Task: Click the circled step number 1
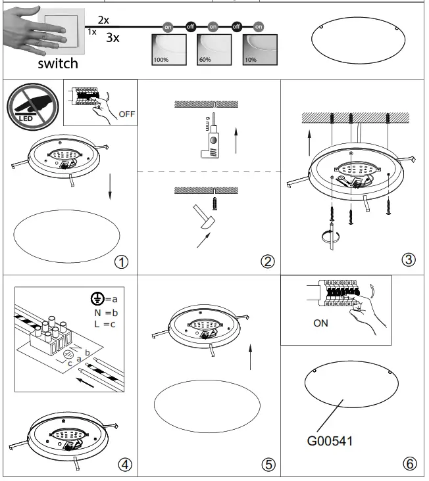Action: (120, 262)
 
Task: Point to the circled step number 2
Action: (267, 262)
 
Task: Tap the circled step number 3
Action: (409, 260)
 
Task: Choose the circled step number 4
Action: (124, 464)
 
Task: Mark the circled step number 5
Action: (268, 464)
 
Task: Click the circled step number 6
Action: (409, 464)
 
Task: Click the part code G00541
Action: (329, 441)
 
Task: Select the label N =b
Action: (106, 313)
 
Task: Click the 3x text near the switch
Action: (113, 37)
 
